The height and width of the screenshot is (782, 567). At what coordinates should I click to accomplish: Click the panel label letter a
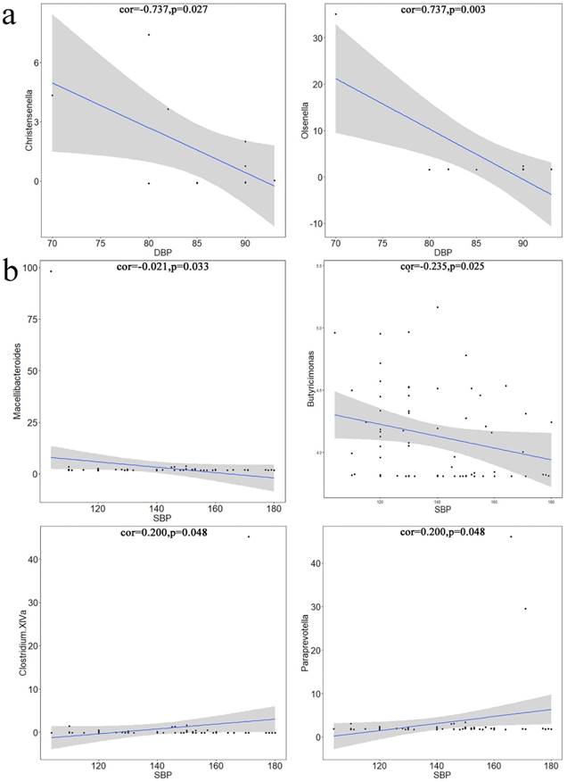click(x=11, y=20)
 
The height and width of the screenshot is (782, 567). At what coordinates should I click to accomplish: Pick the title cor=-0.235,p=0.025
click(x=443, y=265)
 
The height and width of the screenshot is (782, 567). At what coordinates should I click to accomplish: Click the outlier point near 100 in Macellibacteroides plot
click(x=51, y=271)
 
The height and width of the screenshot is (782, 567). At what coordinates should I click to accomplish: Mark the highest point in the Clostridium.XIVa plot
click(x=249, y=537)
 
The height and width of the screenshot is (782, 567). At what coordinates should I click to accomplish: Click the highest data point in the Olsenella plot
click(x=335, y=14)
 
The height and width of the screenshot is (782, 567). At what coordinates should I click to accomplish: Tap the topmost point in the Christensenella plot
click(x=148, y=35)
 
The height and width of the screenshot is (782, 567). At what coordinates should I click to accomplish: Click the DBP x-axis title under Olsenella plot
click(x=443, y=252)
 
